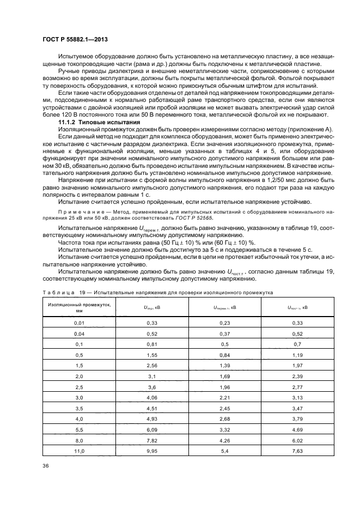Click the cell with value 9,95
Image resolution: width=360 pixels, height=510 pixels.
pos(151,451)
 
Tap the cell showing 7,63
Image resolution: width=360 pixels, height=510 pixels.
pos(297,451)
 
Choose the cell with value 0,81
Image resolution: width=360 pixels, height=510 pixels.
pos(151,345)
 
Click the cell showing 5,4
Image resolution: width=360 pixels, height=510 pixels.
pos(224,451)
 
